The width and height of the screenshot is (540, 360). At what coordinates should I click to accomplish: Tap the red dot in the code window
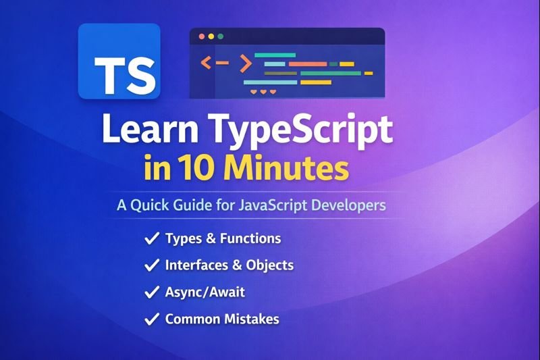pyautogui.click(x=201, y=36)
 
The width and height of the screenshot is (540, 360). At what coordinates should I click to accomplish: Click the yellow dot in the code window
pyautogui.click(x=211, y=36)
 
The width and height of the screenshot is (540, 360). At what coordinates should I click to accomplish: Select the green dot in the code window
pyautogui.click(x=220, y=36)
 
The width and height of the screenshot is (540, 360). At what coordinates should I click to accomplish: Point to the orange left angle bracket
pyautogui.click(x=206, y=63)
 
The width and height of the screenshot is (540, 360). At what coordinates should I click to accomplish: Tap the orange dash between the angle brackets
pyautogui.click(x=224, y=63)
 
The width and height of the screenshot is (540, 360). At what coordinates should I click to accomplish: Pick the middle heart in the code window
pyautogui.click(x=263, y=91)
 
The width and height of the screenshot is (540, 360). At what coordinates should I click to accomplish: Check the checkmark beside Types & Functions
pyautogui.click(x=152, y=238)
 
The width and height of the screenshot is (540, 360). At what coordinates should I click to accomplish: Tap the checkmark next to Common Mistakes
pyautogui.click(x=152, y=319)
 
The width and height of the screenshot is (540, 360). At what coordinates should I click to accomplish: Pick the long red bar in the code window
pyautogui.click(x=307, y=64)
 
